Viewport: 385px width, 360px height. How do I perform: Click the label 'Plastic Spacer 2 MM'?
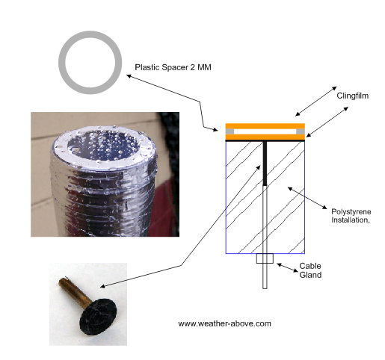(173, 67)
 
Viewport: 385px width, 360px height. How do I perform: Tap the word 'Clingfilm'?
(352, 96)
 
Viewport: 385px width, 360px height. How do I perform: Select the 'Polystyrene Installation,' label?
(351, 216)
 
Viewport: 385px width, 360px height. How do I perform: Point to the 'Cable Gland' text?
(310, 270)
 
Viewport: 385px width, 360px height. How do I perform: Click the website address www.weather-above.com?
(224, 323)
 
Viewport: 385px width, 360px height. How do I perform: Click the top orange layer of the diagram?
(265, 126)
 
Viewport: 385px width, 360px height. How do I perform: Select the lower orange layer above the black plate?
(265, 137)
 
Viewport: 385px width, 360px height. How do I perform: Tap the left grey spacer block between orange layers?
(230, 131)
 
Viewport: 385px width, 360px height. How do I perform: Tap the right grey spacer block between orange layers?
(301, 131)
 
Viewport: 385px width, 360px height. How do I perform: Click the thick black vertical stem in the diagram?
(265, 164)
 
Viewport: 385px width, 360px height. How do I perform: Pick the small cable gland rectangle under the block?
(265, 258)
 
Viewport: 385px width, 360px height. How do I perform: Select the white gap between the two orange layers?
(265, 131)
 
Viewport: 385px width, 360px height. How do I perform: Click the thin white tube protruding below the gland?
(265, 276)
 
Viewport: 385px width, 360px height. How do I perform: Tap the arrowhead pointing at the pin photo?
(102, 287)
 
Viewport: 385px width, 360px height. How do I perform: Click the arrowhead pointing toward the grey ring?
(129, 76)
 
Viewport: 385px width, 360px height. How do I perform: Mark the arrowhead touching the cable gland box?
(279, 265)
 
